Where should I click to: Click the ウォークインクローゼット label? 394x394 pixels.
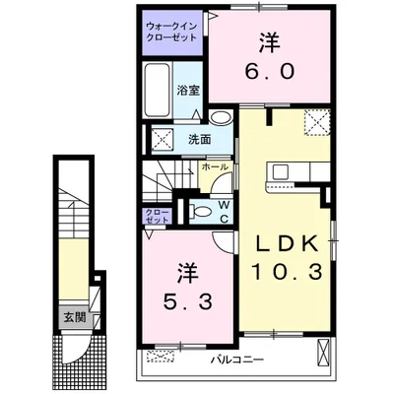click(x=171, y=32)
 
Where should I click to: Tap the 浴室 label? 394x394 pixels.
click(x=188, y=91)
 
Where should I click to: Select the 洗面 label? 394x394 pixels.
click(x=199, y=140)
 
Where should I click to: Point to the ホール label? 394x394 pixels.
click(x=215, y=166)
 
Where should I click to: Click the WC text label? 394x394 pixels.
click(x=224, y=212)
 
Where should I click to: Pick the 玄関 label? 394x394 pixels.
click(x=75, y=317)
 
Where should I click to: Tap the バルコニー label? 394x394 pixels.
click(x=237, y=360)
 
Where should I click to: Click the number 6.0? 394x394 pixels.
click(x=269, y=71)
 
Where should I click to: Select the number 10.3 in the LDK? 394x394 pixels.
click(x=287, y=273)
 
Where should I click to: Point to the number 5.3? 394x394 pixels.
click(x=188, y=301)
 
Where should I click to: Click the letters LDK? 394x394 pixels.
click(x=287, y=243)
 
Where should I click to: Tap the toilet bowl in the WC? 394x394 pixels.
click(x=201, y=211)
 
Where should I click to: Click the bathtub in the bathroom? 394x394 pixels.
click(x=158, y=90)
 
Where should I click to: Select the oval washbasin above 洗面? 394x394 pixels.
click(x=221, y=117)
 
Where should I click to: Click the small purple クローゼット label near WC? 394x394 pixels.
click(x=158, y=216)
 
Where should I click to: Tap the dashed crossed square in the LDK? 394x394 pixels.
click(x=317, y=122)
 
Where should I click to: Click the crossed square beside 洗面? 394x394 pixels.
click(x=162, y=140)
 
